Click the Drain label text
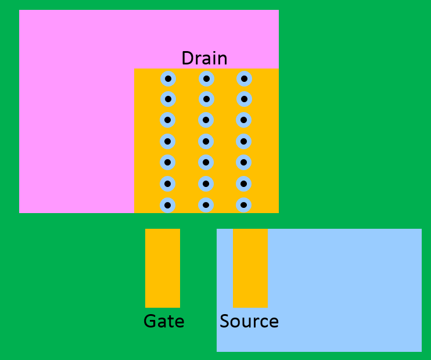[x=204, y=58]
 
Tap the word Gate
[x=164, y=321]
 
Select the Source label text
[x=249, y=321]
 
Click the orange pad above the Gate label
[x=163, y=268]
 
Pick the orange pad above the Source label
[x=250, y=268]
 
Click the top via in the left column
[x=168, y=79]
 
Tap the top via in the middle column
[x=206, y=79]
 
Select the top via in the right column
[x=244, y=79]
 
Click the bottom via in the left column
[x=167, y=205]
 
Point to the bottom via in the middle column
[x=206, y=205]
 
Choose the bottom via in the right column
[x=243, y=205]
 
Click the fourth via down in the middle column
[x=206, y=142]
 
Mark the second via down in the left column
[x=168, y=99]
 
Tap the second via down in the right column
[x=244, y=99]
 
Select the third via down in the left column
[x=167, y=120]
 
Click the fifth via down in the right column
[x=243, y=163]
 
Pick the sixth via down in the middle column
[x=206, y=184]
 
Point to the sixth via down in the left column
[x=167, y=184]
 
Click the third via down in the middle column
[x=206, y=120]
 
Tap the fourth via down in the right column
[x=243, y=142]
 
